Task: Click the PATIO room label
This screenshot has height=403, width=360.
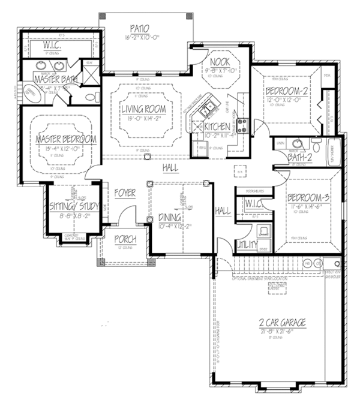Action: click(x=139, y=28)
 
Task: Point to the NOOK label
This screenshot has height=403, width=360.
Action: click(x=217, y=61)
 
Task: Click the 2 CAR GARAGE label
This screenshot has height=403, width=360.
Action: click(x=283, y=323)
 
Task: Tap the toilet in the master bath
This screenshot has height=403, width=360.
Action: click(x=89, y=97)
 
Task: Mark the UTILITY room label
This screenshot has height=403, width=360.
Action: click(x=247, y=244)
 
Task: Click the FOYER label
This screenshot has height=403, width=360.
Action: click(x=125, y=193)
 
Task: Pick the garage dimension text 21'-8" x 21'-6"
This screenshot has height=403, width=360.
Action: click(x=283, y=331)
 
